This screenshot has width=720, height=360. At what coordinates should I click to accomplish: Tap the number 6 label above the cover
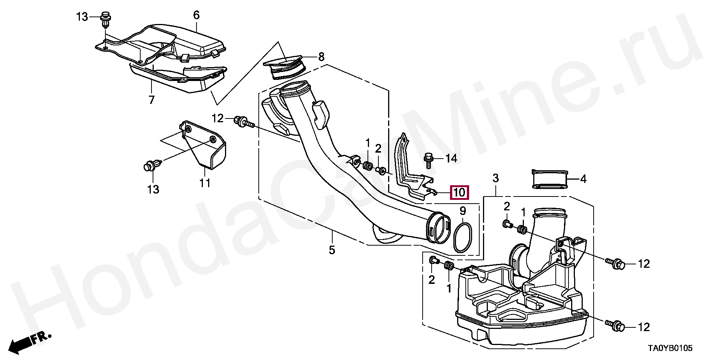tap(196, 15)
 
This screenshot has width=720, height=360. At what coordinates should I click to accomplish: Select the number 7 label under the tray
tap(151, 100)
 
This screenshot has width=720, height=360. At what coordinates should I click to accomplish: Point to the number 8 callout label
tap(321, 57)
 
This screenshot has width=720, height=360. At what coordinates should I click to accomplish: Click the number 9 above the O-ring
tap(463, 211)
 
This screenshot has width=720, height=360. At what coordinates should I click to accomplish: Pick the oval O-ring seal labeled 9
tap(462, 237)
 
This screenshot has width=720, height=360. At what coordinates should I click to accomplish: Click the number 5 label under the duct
tap(332, 250)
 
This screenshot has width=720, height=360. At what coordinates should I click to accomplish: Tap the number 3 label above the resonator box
tap(496, 178)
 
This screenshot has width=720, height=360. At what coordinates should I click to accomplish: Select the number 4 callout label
tap(583, 179)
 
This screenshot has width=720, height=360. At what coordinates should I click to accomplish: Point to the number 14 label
tap(451, 159)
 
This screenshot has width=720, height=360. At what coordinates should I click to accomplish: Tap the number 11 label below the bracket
tap(205, 183)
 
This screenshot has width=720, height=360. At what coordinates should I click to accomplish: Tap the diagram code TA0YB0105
tap(670, 348)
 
